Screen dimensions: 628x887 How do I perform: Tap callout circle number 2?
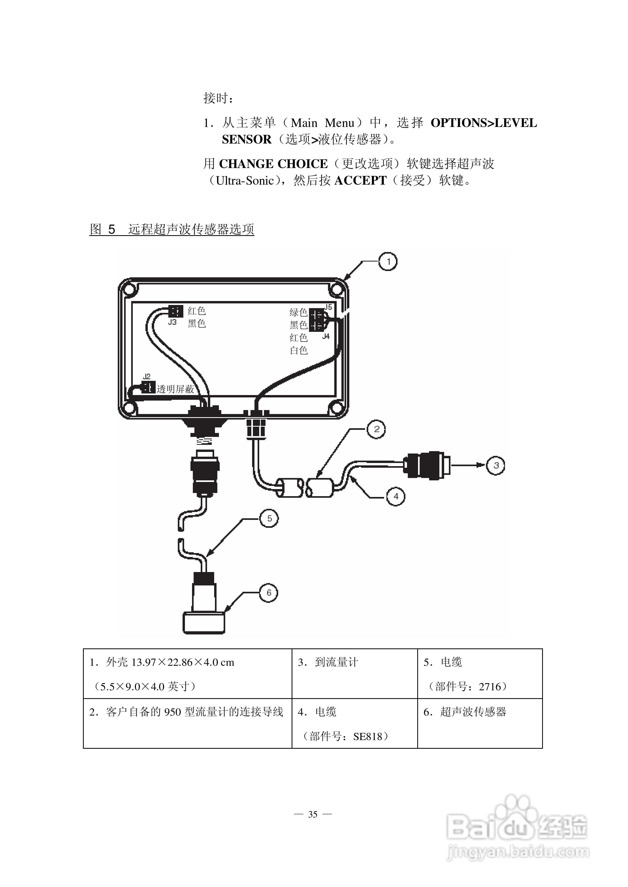click(377, 429)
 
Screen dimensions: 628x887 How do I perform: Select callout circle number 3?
click(496, 465)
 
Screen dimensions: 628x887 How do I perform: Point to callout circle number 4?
click(396, 496)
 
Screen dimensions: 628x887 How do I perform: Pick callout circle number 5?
click(269, 519)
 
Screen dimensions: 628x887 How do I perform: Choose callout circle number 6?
click(269, 593)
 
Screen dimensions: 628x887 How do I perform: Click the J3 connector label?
click(173, 322)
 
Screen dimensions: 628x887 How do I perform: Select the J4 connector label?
click(326, 336)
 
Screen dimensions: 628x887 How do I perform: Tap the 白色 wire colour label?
click(298, 350)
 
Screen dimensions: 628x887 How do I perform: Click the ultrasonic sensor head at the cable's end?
click(204, 622)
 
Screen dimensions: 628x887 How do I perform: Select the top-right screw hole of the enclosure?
click(336, 289)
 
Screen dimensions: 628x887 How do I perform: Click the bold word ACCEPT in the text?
click(360, 180)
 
